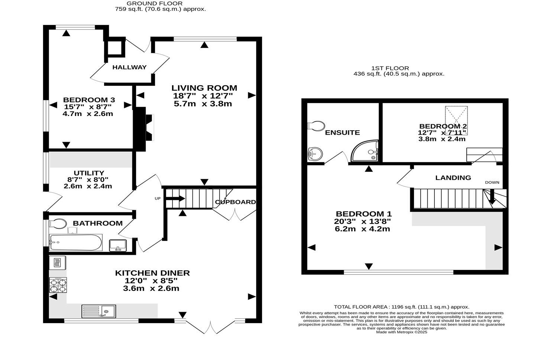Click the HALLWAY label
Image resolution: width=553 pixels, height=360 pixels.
tap(129, 67)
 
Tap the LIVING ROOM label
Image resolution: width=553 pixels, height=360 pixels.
tap(204, 88)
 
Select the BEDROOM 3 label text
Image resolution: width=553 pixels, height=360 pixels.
tap(89, 100)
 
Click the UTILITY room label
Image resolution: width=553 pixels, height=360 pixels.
tap(88, 173)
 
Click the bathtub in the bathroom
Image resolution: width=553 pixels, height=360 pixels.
tap(75, 242)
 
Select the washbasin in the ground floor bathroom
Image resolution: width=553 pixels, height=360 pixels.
tap(118, 245)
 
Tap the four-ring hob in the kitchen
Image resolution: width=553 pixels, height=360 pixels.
tap(58, 286)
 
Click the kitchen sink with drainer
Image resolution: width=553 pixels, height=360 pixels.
tap(99, 311)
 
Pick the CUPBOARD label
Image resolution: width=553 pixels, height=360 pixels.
tap(235, 202)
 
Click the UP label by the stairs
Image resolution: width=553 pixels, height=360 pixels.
tap(158, 199)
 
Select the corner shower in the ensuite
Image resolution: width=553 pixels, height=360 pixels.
tap(365, 152)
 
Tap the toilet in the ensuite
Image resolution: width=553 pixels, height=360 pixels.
tap(316, 126)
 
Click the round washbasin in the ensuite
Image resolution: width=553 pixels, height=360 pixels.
tap(316, 153)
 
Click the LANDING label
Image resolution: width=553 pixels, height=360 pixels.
tap(453, 178)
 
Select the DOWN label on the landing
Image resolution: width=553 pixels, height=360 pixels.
tap(492, 182)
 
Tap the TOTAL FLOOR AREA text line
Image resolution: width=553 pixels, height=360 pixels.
tap(401, 307)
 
